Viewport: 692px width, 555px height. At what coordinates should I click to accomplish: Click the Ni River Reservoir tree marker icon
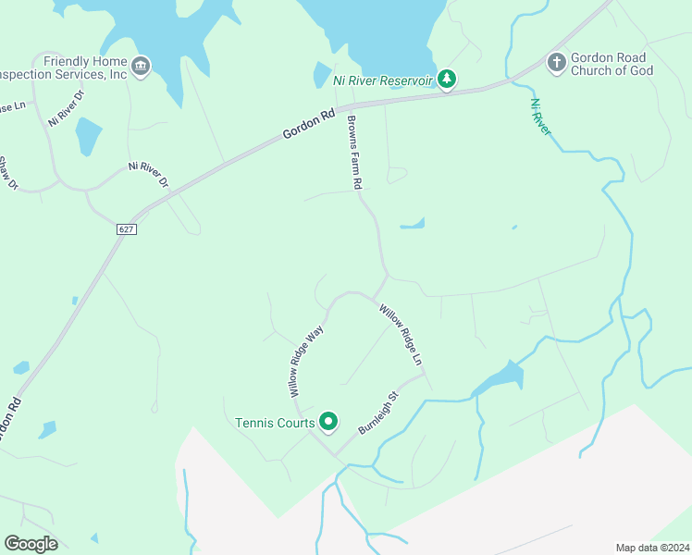(x=447, y=80)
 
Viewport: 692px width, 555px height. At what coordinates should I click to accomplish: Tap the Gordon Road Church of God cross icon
(x=556, y=63)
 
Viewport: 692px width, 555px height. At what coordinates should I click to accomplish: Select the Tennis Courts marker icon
(x=328, y=423)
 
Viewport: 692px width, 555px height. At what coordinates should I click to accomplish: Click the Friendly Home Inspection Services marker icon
(x=141, y=65)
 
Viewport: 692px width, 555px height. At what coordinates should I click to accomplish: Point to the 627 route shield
(x=127, y=228)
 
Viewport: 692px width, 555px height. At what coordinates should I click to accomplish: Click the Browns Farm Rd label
(x=352, y=153)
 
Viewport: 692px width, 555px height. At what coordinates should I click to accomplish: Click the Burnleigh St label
(x=378, y=413)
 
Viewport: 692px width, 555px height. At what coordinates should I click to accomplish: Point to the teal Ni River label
(x=540, y=117)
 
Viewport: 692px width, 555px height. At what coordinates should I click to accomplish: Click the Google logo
(x=31, y=544)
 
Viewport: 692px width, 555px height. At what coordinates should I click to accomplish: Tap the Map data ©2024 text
(x=651, y=548)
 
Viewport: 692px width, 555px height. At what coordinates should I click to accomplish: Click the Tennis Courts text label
(x=275, y=424)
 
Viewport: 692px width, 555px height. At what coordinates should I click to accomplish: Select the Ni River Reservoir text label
(x=383, y=80)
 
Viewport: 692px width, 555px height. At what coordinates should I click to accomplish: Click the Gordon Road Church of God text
(x=612, y=64)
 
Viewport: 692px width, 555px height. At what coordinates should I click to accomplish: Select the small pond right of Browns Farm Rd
(x=413, y=223)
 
